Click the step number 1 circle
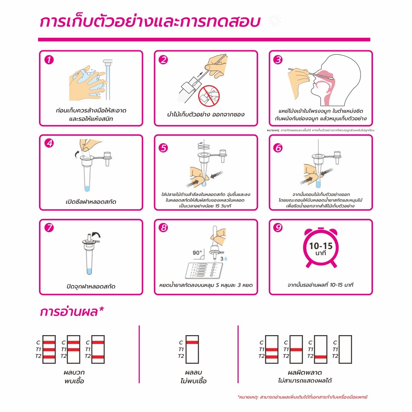[49, 60]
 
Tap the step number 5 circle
[163, 148]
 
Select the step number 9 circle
[278, 228]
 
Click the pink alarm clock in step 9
[321, 247]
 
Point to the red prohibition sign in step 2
[209, 96]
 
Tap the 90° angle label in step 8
[197, 253]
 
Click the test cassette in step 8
[204, 271]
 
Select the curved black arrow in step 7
[96, 235]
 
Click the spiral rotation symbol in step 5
[204, 145]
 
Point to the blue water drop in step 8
[225, 259]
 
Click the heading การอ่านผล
[72, 312]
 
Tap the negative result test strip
[192, 349]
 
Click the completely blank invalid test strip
[345, 349]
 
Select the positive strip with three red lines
[49, 349]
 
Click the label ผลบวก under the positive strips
[74, 372]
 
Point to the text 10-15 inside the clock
[321, 246]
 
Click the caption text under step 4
[91, 202]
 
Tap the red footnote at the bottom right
[303, 397]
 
